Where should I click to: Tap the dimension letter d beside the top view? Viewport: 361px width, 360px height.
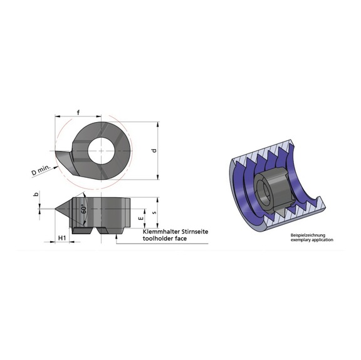[x=154, y=150]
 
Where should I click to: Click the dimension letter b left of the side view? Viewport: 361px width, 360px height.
[x=36, y=196]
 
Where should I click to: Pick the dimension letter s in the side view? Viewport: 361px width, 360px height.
[x=154, y=213]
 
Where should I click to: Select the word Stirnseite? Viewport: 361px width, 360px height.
[x=191, y=232]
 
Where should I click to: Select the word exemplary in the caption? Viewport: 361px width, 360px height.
[x=300, y=240]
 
